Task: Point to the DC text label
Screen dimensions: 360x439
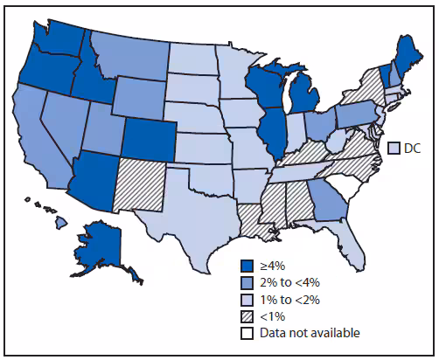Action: click(x=412, y=149)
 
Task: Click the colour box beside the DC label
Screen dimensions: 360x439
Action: click(x=394, y=149)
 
